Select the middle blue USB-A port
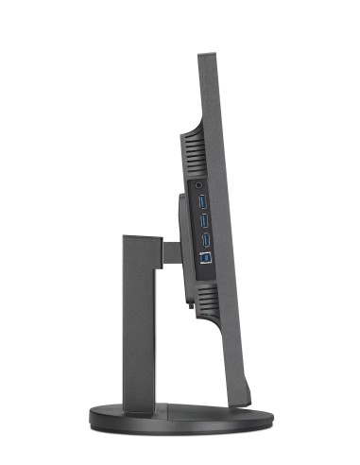click(204, 218)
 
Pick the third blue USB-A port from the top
click(204, 235)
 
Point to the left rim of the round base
click(93, 414)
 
